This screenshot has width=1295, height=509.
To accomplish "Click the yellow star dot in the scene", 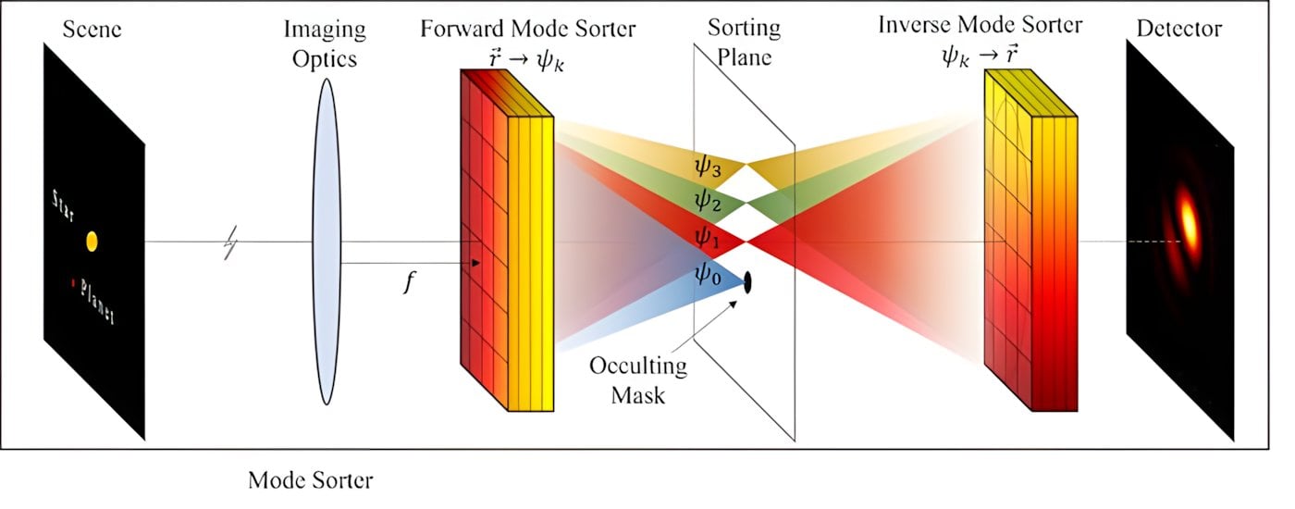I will coord(92,242).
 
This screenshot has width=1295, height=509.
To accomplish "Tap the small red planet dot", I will coord(70,280).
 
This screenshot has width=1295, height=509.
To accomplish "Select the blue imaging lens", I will coord(326,242).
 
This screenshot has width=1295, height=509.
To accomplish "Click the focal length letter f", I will coord(407,283).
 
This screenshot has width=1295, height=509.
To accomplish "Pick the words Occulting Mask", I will coord(639,379).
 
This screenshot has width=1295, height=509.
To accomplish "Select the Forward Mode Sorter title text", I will coord(528,28).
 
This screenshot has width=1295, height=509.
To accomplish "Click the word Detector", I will coord(1179,29).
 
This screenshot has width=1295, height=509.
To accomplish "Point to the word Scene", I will coord(92,29).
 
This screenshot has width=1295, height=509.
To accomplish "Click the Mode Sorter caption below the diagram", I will coord(310,480).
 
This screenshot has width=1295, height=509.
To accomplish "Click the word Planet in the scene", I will coord(96,301).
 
